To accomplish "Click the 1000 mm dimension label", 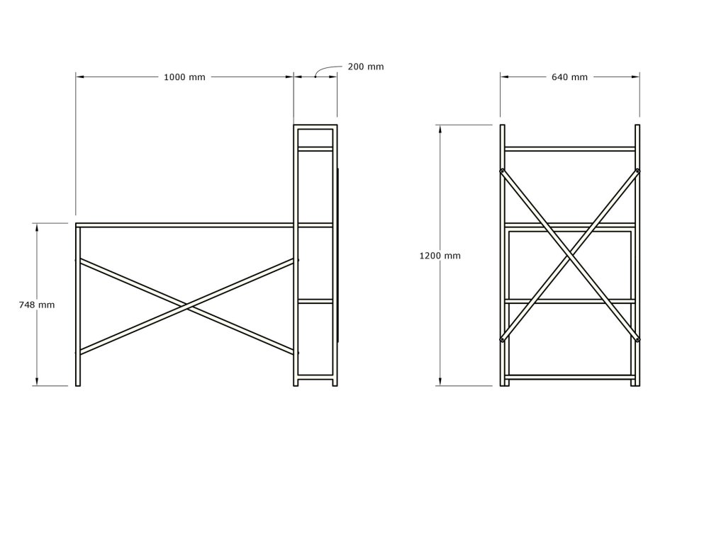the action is (184, 77).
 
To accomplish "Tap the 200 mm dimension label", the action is (366, 67).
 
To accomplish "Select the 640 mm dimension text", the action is (569, 77).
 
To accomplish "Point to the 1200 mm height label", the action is (440, 256).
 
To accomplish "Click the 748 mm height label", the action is (36, 305).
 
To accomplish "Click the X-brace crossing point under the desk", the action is (186, 306).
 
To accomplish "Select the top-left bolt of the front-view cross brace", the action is (502, 171).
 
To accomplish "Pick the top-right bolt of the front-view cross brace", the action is (638, 171).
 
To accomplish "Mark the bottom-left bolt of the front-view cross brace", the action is (502, 340).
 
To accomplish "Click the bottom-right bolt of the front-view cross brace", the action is (638, 340).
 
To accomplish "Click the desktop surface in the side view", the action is (184, 225).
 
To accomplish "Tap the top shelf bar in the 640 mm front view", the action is (570, 149).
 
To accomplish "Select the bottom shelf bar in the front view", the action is (570, 377).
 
